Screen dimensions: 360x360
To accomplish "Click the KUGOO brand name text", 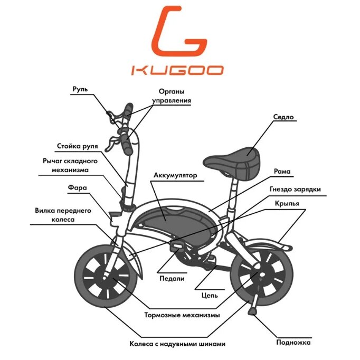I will click(x=177, y=70).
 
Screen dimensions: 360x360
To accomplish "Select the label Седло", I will click(x=283, y=117).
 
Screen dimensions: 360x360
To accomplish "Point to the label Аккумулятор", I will click(x=175, y=175).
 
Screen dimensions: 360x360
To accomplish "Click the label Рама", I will click(x=283, y=172).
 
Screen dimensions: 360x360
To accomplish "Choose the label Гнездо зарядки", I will click(x=295, y=188).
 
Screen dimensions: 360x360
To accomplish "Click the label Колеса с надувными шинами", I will click(x=177, y=344).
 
